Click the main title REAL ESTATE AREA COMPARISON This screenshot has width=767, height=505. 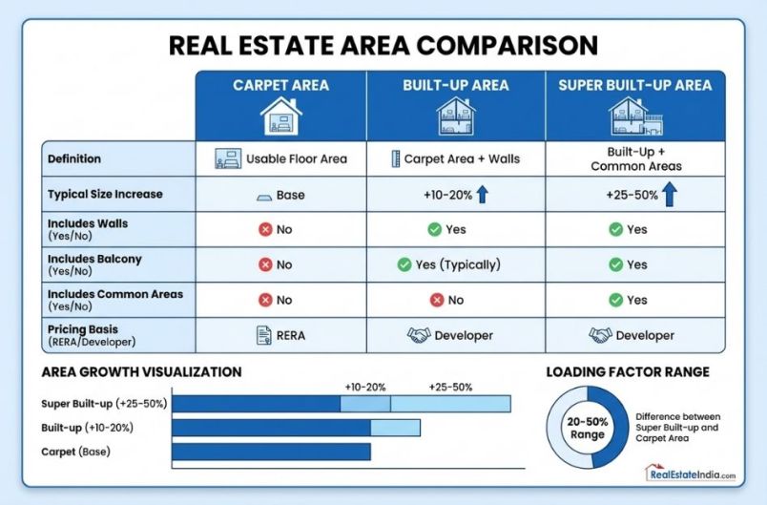(x=383, y=45)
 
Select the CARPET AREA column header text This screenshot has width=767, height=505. (x=280, y=85)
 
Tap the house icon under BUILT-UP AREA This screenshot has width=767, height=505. (x=455, y=117)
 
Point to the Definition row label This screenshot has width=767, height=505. (x=74, y=158)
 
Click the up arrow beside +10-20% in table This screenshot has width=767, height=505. (x=482, y=195)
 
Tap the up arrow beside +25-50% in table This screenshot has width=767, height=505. (x=671, y=195)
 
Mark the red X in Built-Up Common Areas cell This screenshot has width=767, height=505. (x=437, y=300)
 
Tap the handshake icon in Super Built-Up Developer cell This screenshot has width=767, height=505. (x=599, y=335)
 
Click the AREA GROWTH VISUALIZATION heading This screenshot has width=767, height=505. (x=140, y=371)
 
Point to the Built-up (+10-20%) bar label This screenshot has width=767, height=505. (x=87, y=427)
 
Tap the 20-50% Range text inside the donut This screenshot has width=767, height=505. (x=588, y=428)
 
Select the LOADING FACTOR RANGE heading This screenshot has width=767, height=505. (x=627, y=371)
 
